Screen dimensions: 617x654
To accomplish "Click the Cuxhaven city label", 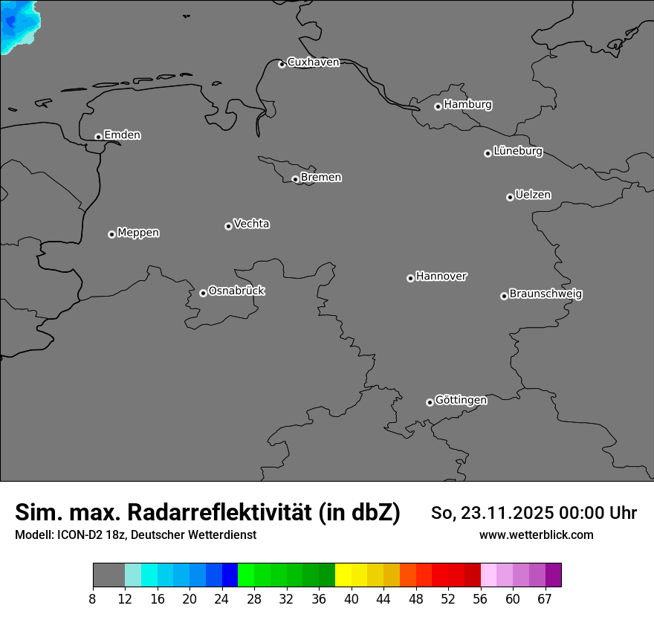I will [313, 62].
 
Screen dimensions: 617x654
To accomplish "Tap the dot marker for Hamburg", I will [438, 106].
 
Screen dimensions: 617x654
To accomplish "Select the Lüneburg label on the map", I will [517, 152].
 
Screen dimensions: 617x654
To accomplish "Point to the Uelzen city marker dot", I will [510, 197].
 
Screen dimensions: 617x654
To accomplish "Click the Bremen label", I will [321, 178].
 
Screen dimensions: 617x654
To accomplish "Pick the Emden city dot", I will [98, 137].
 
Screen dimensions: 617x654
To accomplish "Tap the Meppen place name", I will [138, 233].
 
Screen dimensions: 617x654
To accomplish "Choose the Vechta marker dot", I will [228, 226].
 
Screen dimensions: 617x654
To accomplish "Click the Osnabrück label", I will [236, 291].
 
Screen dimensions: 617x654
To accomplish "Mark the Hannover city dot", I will [410, 278].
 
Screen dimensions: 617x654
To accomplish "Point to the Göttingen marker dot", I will [430, 402].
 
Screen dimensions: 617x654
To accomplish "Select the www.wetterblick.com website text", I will [536, 535].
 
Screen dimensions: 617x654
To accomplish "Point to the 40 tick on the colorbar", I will [352, 598].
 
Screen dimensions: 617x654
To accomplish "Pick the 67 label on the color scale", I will [545, 598].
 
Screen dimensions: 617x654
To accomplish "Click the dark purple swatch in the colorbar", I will [553, 575].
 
